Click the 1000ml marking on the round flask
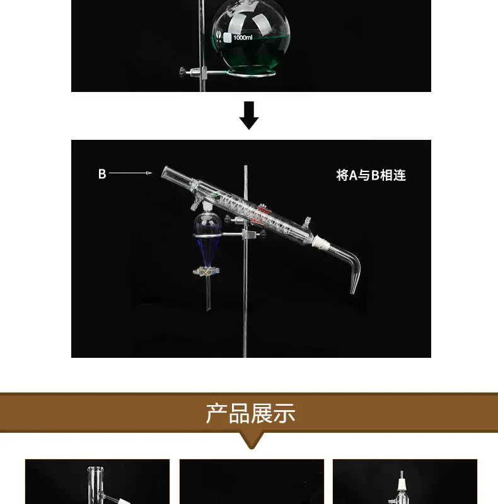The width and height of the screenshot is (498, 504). (243, 38)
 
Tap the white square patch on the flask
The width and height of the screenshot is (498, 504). (227, 38)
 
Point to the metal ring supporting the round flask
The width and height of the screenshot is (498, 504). (251, 72)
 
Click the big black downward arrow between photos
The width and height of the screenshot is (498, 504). (249, 115)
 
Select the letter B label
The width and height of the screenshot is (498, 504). (102, 174)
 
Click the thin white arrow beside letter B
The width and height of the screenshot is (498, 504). (130, 173)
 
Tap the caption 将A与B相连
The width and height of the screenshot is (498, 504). (371, 175)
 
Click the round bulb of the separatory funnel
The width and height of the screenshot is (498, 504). (207, 222)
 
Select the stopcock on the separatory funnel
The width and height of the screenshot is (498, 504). (206, 272)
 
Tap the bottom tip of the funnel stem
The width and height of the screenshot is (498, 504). (208, 309)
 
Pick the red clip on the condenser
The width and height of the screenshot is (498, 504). (264, 211)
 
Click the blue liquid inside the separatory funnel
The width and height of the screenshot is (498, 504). (207, 248)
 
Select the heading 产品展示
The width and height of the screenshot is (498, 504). (251, 413)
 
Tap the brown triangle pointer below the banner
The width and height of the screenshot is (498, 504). (252, 440)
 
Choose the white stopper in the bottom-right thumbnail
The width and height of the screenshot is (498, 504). (401, 484)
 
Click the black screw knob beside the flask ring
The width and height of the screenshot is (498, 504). (183, 72)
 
